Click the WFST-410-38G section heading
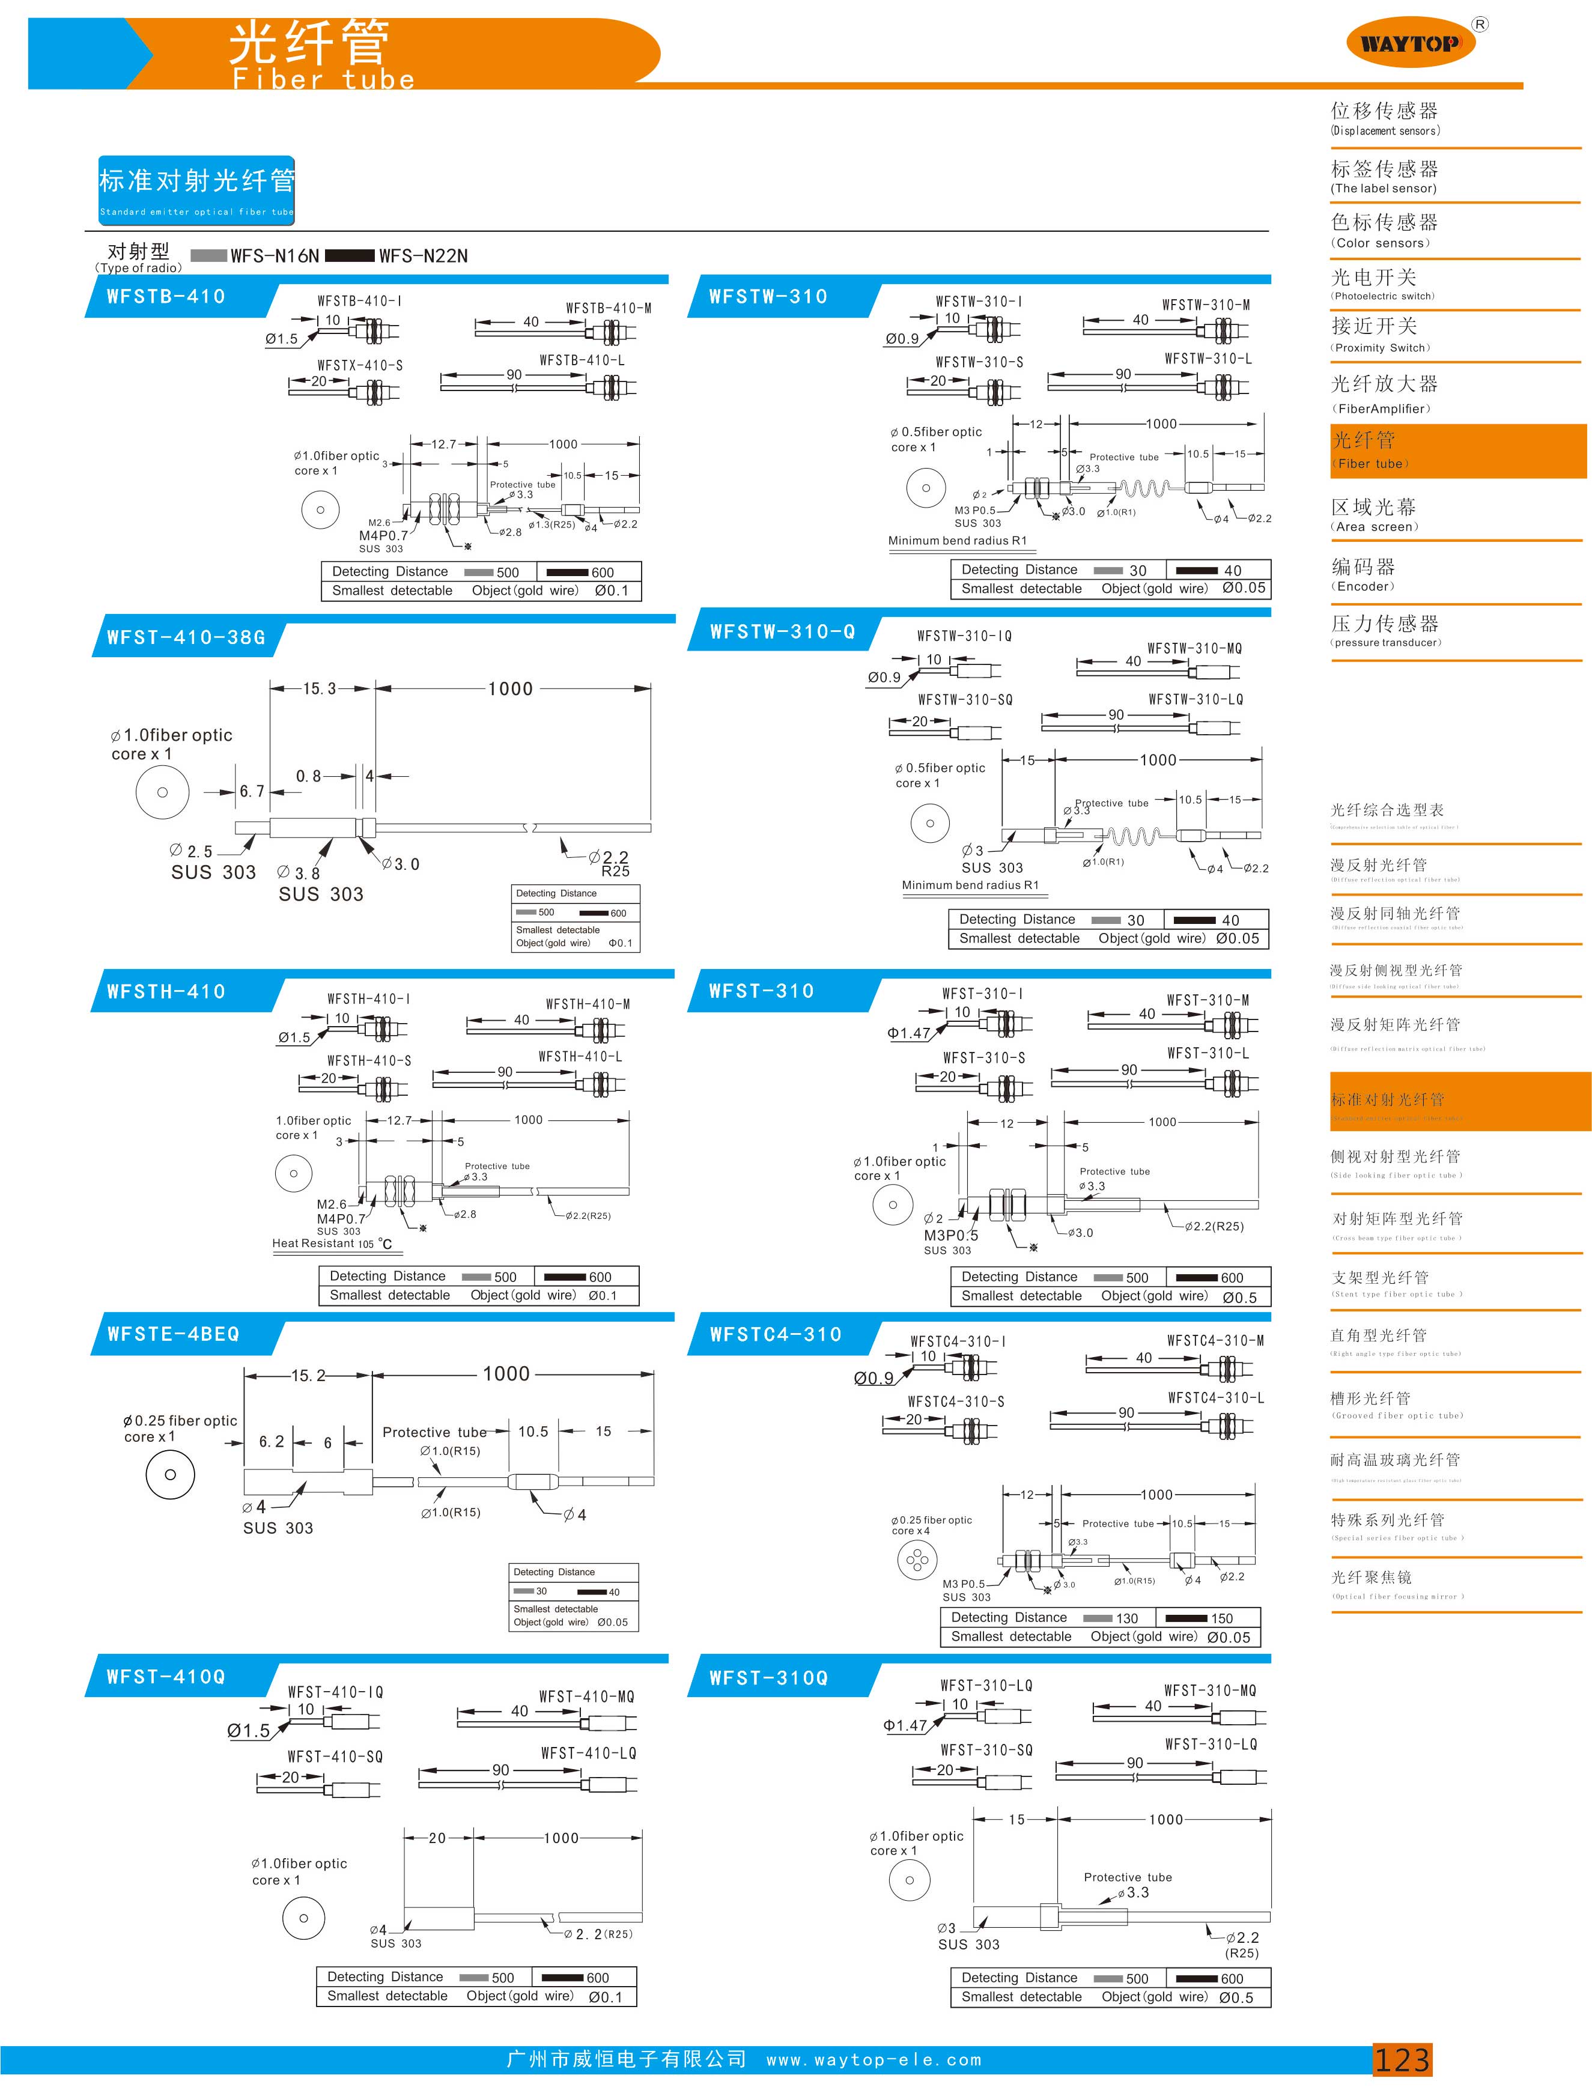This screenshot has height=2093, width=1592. click(x=186, y=637)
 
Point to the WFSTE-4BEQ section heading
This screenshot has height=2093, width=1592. click(x=174, y=1334)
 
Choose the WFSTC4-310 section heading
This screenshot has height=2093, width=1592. click(x=775, y=1335)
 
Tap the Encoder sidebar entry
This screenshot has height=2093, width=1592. click(x=1364, y=574)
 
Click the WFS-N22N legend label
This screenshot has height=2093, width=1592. click(x=423, y=256)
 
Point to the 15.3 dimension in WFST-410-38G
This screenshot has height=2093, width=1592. click(x=320, y=689)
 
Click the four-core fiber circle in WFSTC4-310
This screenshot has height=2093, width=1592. click(x=916, y=1558)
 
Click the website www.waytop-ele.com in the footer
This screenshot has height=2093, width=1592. click(x=873, y=2060)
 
